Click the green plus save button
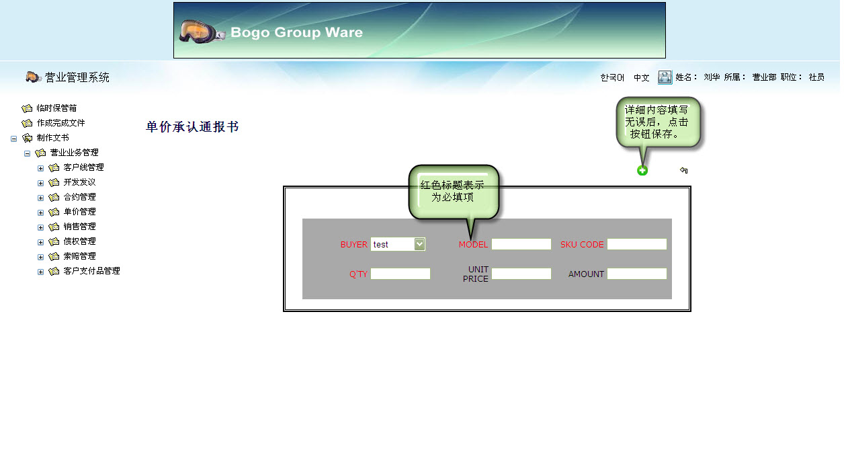pos(642,171)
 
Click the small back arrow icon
pos(684,171)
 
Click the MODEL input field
pos(521,244)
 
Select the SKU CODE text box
pos(636,244)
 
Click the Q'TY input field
pos(400,274)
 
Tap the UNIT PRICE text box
pos(521,274)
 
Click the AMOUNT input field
pos(636,274)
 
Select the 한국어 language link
pos(612,78)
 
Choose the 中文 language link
pos(642,78)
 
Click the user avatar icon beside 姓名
pos(665,77)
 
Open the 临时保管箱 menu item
pos(56,108)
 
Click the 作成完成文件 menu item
pos(60,123)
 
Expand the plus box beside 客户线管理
pos(41,168)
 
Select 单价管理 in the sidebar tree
pos(79,212)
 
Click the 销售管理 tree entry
pos(79,227)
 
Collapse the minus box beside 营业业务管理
pos(28,153)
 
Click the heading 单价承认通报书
pos(192,127)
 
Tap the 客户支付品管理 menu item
pos(91,271)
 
